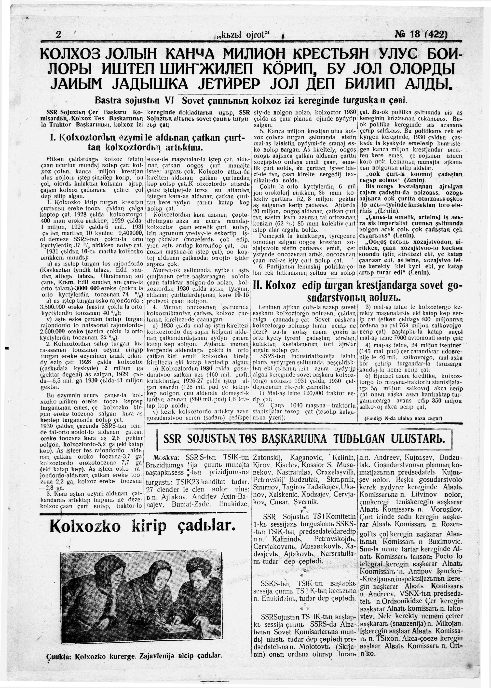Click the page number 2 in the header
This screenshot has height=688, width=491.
(x=59, y=34)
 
